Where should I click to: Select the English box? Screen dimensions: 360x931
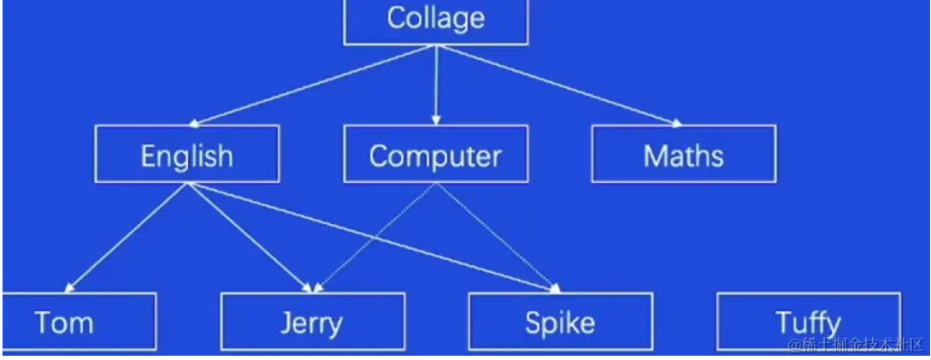coord(187,154)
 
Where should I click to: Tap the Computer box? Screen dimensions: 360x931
coord(436,154)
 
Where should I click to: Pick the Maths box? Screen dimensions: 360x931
coord(684,154)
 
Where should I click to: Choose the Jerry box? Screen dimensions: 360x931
coord(313,322)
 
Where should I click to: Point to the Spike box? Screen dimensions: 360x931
coord(561,322)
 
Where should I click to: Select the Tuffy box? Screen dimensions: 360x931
coord(809,322)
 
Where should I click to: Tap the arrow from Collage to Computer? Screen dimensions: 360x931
coord(436,85)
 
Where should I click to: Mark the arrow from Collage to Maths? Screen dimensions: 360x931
coord(560,85)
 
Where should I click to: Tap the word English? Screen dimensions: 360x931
coord(187,156)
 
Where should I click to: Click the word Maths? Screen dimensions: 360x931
coord(684,156)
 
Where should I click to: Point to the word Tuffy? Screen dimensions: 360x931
coord(809,323)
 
